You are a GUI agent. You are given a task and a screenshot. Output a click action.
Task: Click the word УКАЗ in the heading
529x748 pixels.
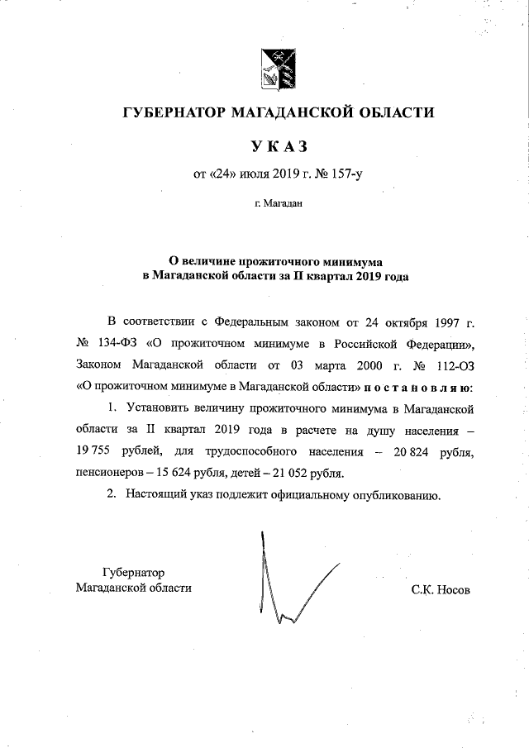279,146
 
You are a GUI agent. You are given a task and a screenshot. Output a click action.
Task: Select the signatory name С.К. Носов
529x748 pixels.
440,589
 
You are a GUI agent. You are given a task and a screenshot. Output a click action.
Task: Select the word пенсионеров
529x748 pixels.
108,473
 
